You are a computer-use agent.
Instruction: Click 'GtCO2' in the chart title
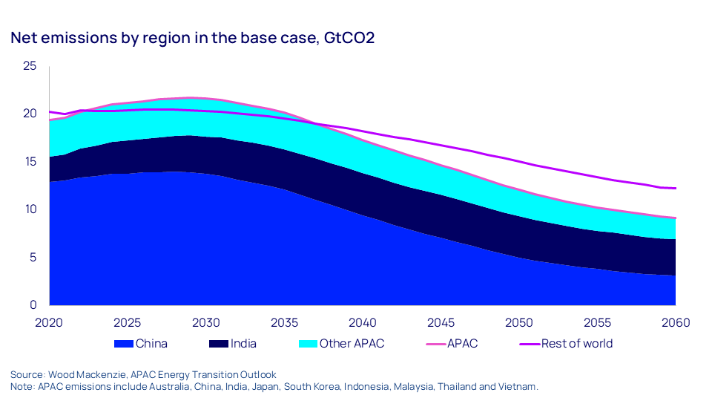(349, 38)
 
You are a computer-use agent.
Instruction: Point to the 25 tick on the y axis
(29, 66)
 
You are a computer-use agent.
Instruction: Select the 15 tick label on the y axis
(29, 162)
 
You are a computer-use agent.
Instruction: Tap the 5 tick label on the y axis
(33, 258)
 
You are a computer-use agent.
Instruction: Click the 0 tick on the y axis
(33, 305)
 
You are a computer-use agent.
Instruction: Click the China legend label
(152, 344)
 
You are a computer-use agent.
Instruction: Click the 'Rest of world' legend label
(577, 344)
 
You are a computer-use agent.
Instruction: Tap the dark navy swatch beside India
(219, 344)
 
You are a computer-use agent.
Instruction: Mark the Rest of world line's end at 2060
(675, 189)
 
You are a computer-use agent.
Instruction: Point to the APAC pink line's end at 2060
(675, 218)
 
